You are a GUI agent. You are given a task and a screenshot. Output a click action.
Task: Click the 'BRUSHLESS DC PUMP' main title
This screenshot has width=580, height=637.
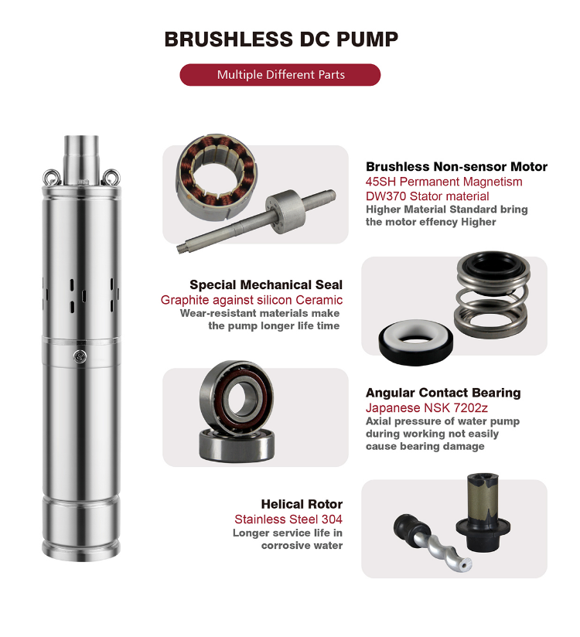(x=281, y=40)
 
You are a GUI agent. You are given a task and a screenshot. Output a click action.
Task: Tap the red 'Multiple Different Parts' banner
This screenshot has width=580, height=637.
(x=280, y=75)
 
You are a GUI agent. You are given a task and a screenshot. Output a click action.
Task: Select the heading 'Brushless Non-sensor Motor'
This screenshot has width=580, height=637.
(x=456, y=167)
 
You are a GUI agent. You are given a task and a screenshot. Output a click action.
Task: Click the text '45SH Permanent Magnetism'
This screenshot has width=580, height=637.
(x=444, y=182)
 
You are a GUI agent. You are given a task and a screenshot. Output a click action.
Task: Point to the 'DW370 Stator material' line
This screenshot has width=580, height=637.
(x=427, y=196)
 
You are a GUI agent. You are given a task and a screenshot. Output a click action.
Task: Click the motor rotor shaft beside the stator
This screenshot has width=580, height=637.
(x=255, y=217)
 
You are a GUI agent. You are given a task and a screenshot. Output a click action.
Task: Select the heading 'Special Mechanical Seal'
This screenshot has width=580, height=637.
(x=266, y=285)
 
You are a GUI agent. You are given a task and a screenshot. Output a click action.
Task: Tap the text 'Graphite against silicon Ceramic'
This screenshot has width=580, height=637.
(x=251, y=300)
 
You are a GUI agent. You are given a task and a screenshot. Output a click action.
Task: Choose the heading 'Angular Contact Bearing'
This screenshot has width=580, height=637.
(x=443, y=393)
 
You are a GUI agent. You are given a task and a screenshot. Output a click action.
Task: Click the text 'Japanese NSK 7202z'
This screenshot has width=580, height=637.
(x=415, y=407)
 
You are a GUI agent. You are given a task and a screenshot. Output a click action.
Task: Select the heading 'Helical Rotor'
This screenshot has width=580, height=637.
(x=302, y=504)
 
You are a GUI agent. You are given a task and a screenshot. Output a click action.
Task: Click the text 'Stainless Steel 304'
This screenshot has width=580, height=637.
(x=288, y=519)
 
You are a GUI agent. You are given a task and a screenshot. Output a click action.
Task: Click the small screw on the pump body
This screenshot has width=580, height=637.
(x=79, y=356)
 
